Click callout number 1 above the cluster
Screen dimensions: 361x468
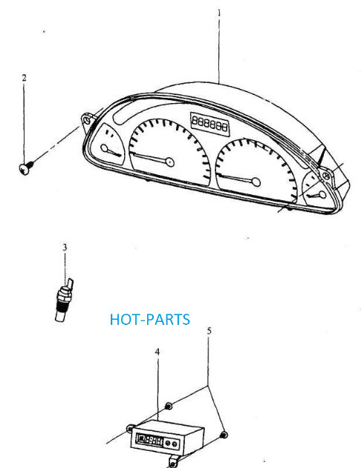point(219,13)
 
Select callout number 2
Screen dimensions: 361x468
point(25,78)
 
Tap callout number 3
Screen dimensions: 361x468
point(65,248)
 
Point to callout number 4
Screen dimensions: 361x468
point(157,352)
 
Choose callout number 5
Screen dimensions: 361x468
point(209,331)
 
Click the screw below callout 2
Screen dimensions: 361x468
point(26,168)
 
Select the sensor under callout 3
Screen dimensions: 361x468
point(64,300)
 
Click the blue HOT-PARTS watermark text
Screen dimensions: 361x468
point(150,320)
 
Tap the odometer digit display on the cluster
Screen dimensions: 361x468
point(210,124)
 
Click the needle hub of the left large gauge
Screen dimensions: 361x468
point(170,162)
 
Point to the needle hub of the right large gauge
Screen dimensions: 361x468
point(256,182)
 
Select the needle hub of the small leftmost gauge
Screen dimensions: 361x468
point(104,148)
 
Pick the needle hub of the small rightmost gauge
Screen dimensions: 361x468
point(322,195)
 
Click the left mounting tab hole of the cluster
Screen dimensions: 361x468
point(87,120)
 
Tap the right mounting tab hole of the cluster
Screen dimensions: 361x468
point(327,176)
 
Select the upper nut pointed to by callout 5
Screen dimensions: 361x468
point(169,406)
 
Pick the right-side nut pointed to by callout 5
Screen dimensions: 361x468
point(224,435)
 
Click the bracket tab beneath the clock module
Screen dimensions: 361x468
point(173,462)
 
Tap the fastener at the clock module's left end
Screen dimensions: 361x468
point(130,429)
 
